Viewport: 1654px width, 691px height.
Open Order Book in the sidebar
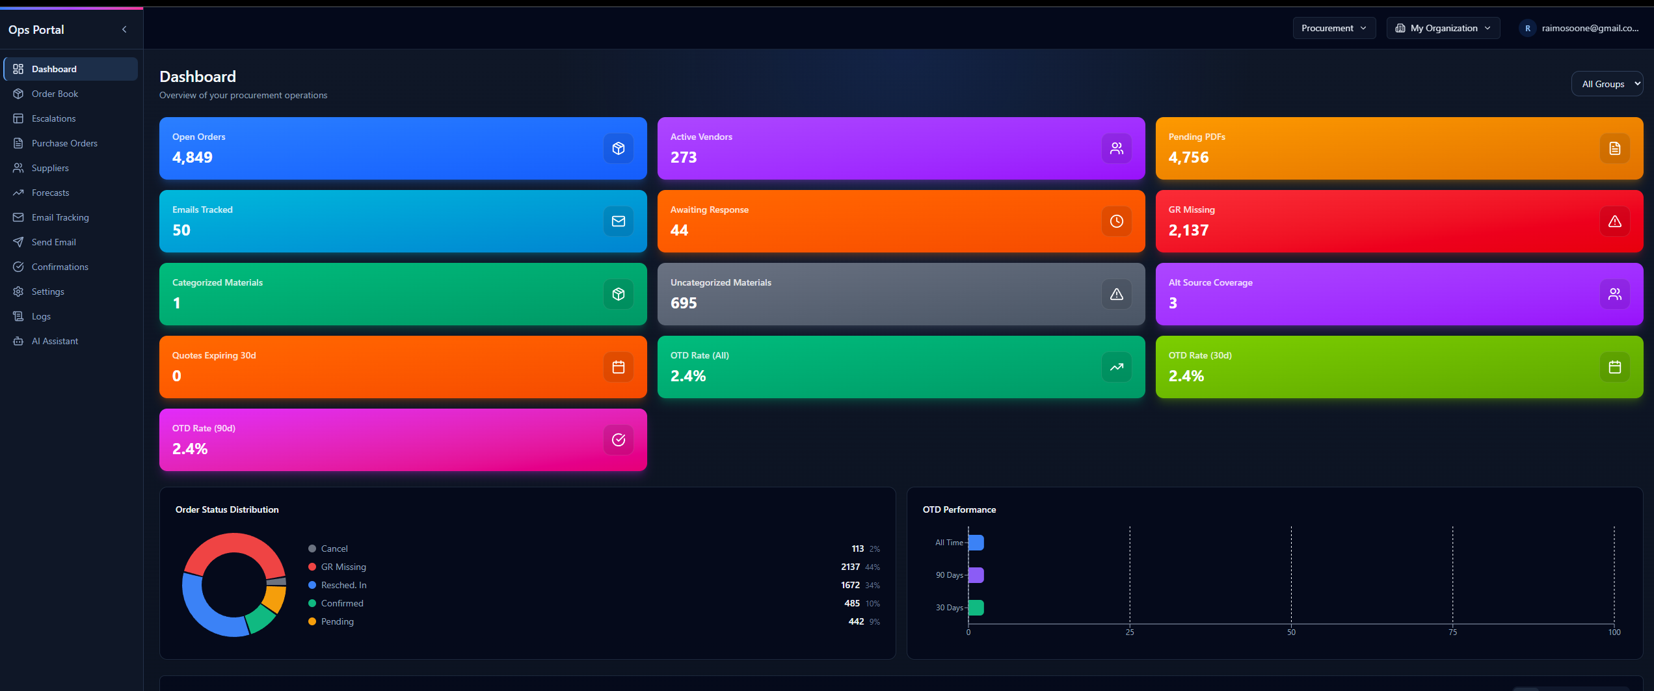(x=55, y=94)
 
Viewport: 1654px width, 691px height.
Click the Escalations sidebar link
(x=53, y=118)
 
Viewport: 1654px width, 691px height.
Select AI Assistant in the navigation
(x=55, y=341)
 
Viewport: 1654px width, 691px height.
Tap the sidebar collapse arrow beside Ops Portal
(x=124, y=29)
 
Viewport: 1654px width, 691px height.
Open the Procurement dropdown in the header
(x=1333, y=28)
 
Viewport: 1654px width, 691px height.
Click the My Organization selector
(x=1443, y=28)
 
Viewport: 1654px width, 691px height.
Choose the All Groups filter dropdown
(x=1607, y=84)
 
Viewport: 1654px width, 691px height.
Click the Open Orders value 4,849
(x=193, y=157)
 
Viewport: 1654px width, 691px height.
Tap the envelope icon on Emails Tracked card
(x=618, y=221)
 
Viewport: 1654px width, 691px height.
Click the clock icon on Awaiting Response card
(x=1116, y=221)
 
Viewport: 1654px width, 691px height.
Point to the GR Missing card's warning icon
(x=1614, y=221)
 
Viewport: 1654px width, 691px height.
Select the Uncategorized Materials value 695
(x=684, y=303)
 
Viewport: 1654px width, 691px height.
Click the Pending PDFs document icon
(x=1614, y=148)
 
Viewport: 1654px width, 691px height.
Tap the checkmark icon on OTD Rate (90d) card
(x=618, y=440)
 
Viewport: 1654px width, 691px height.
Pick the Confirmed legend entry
(x=342, y=603)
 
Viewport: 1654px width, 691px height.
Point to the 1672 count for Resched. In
(x=850, y=585)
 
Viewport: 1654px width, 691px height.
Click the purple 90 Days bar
(x=976, y=575)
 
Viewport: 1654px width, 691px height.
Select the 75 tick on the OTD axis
(x=1452, y=632)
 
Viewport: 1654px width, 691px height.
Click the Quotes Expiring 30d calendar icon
(x=618, y=367)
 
